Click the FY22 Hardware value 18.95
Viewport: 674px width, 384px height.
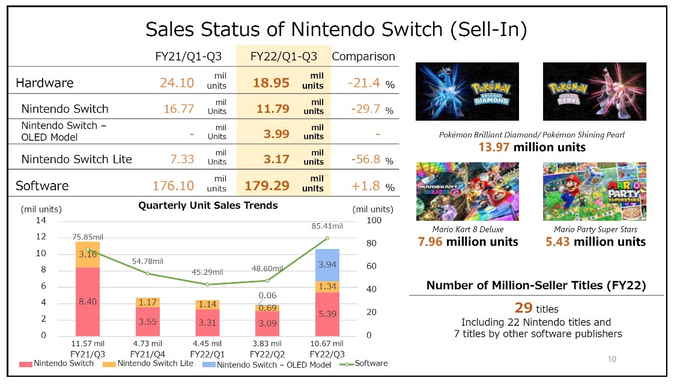tap(271, 83)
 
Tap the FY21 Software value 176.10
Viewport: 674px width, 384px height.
tap(171, 186)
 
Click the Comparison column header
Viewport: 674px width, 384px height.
tap(363, 56)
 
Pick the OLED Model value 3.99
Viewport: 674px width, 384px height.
tap(276, 134)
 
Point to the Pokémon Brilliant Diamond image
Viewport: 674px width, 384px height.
tap(467, 91)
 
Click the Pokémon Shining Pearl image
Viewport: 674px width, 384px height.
tap(594, 91)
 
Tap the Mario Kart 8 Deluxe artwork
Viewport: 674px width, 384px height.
tap(467, 191)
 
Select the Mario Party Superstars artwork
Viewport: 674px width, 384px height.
tap(594, 191)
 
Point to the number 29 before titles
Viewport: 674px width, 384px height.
tap(524, 308)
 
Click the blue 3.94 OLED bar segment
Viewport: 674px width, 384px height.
tap(327, 265)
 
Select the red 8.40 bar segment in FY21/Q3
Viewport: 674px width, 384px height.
tap(88, 301)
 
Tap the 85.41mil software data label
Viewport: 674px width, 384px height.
tap(327, 226)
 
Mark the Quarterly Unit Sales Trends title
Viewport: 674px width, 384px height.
tap(208, 205)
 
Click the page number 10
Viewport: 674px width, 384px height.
tap(612, 359)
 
